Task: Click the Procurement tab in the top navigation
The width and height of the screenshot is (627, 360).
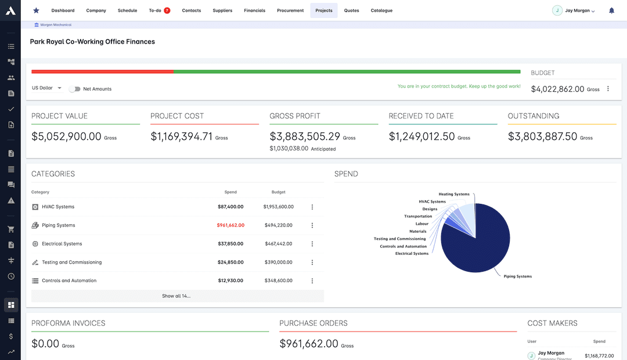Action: click(x=290, y=10)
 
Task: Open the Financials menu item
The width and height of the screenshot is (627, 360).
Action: click(x=254, y=10)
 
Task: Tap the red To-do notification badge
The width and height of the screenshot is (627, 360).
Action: click(x=167, y=10)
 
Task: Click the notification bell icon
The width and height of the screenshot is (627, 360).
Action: click(x=611, y=10)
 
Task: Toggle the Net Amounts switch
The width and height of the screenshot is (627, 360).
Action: click(x=74, y=89)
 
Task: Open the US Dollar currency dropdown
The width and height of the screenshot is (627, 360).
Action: click(x=47, y=88)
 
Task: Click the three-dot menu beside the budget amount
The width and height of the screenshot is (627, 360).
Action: click(x=608, y=89)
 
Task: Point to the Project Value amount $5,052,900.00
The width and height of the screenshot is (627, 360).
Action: click(x=66, y=136)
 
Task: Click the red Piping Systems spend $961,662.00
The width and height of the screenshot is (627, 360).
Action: click(x=230, y=225)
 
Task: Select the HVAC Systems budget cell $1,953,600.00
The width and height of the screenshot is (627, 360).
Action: click(x=278, y=207)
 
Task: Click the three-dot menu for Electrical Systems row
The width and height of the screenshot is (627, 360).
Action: click(x=312, y=244)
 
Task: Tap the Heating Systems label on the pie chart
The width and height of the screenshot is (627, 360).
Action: click(x=454, y=194)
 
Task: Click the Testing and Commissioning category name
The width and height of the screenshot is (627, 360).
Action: click(x=71, y=262)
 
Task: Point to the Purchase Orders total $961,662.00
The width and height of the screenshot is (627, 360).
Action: click(x=308, y=344)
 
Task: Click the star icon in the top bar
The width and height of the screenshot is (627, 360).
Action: click(x=36, y=10)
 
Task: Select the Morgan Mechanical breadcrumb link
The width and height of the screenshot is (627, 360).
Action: click(x=56, y=25)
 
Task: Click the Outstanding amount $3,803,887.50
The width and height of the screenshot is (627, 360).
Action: click(x=542, y=136)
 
